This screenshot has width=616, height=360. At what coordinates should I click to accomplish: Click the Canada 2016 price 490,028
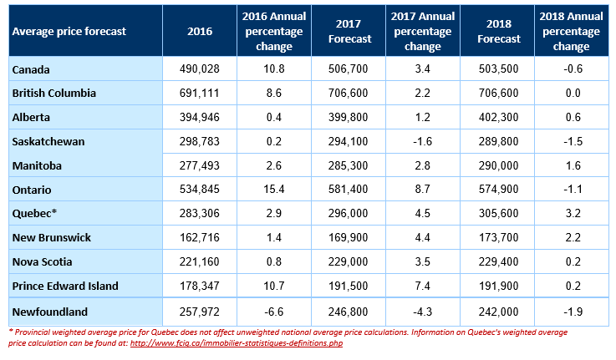(200, 69)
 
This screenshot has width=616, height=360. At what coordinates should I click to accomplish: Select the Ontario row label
(32, 190)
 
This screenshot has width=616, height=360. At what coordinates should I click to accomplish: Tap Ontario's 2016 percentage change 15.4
(274, 190)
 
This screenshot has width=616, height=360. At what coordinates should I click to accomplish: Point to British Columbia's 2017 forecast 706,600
(348, 93)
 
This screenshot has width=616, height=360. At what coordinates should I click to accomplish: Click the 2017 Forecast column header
(349, 31)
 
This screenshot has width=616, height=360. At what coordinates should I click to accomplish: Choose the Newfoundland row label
(50, 312)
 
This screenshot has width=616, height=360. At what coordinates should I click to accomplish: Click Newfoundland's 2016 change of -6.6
(274, 312)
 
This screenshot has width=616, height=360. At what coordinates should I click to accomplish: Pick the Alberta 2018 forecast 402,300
(498, 118)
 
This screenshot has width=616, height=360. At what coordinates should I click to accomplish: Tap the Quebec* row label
(34, 214)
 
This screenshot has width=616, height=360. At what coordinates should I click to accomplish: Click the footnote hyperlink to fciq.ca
(237, 343)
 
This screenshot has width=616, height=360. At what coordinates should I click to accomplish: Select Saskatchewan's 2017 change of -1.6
(423, 141)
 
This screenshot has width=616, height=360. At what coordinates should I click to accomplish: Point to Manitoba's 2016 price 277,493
(200, 165)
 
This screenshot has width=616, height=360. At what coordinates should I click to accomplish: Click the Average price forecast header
(69, 32)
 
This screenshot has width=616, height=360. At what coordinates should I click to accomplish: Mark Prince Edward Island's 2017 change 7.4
(423, 286)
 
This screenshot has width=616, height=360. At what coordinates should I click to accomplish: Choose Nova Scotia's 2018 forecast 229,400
(498, 261)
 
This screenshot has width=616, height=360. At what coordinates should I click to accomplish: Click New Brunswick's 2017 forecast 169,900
(348, 237)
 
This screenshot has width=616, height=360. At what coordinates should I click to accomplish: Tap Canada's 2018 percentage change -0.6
(573, 69)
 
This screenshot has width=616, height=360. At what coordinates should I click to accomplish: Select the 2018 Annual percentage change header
(571, 31)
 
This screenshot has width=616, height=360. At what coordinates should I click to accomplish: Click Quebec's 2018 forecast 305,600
(498, 214)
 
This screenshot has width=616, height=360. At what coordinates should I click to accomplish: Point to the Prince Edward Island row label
(65, 286)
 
